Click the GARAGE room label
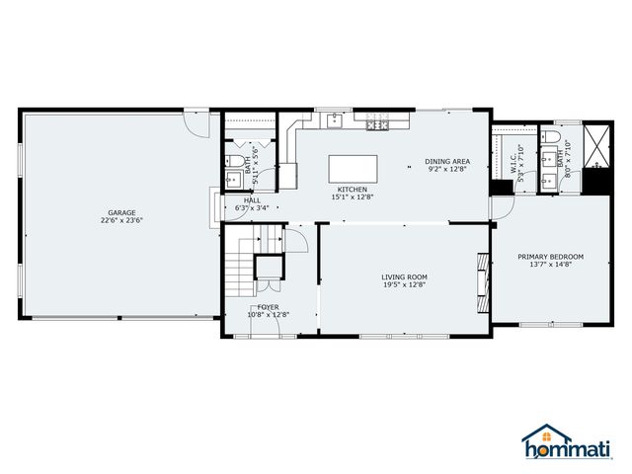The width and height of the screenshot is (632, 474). pyautogui.click(x=121, y=212)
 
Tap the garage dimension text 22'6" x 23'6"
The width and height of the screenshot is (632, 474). pyautogui.click(x=121, y=221)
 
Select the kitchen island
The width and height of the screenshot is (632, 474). pyautogui.click(x=347, y=168)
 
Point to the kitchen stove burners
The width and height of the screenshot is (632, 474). pyautogui.click(x=376, y=123)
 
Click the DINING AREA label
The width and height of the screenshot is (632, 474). pyautogui.click(x=447, y=161)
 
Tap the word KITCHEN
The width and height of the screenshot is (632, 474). pyautogui.click(x=353, y=189)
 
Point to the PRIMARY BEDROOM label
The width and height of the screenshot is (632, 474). pyautogui.click(x=551, y=257)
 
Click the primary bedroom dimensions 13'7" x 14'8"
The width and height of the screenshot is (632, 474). pyautogui.click(x=551, y=265)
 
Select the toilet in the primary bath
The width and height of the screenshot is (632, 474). pyautogui.click(x=552, y=135)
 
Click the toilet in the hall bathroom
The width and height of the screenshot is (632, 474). pyautogui.click(x=237, y=160)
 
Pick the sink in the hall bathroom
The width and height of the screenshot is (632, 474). pyautogui.click(x=233, y=179)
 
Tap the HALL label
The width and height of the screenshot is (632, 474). pyautogui.click(x=252, y=199)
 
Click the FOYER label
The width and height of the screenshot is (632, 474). pyautogui.click(x=268, y=307)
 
